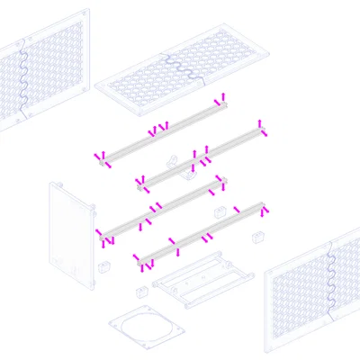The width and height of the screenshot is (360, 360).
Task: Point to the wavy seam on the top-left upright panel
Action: [24, 76]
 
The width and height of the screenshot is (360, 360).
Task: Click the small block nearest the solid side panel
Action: [103, 267]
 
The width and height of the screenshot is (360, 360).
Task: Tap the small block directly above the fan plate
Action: [140, 291]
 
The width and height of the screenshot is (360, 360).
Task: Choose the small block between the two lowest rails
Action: [219, 212]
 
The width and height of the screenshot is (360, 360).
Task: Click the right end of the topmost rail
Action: [220, 102]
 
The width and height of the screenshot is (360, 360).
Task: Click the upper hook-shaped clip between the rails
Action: [172, 161]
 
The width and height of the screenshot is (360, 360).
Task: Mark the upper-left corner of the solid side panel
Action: [52, 184]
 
